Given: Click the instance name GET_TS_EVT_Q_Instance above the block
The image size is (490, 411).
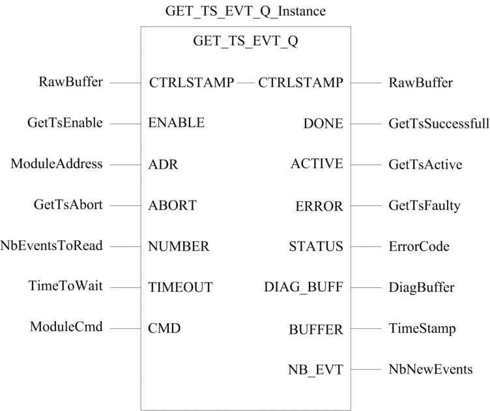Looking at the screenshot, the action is point(245,12).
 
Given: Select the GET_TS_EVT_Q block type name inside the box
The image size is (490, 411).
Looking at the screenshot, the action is point(245,41).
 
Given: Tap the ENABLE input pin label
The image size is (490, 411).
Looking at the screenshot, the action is point(176,122).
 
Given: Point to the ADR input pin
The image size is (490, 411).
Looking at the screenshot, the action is point(163,164).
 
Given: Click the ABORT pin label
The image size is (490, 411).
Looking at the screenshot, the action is point(172,205).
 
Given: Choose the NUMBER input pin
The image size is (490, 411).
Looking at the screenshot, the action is point(179,246).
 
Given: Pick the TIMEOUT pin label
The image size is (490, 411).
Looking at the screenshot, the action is point(180,287).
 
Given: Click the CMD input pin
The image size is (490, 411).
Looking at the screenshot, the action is point(164,328).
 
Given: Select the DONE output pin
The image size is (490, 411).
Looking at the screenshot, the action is point(323,124).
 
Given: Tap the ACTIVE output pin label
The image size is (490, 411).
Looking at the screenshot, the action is point(317,163).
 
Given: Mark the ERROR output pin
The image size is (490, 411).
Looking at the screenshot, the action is point(319,206).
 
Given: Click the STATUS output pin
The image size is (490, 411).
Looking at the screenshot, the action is point(316,246).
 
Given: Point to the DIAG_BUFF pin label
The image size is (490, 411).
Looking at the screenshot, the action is point(304,287).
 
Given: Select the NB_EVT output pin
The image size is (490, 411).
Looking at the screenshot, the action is point(315,370).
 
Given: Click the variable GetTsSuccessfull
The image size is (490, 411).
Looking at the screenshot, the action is point(439,124).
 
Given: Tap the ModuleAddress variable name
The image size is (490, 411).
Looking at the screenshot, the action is point(57,163).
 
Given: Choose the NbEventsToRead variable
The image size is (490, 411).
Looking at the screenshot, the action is point(51,246).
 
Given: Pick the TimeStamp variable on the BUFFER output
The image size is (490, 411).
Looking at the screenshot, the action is point(422,329).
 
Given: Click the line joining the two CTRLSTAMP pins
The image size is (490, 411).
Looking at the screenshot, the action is point(246,83).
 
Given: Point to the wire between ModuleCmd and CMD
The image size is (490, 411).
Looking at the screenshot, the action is point(125,328).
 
